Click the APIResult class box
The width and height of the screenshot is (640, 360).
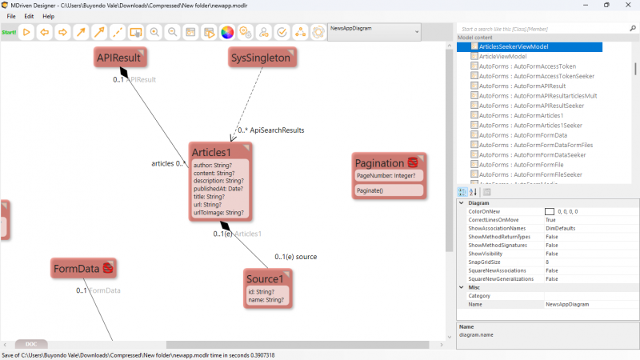118,58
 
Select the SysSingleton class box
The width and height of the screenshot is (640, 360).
260,58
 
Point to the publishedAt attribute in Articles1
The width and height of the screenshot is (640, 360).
218,189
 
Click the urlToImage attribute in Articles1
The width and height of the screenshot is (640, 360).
218,213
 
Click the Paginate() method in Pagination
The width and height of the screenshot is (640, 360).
370,190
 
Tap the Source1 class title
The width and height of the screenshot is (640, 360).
265,278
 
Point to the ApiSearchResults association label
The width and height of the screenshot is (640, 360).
277,130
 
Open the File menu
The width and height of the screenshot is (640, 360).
11,16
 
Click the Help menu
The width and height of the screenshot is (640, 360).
49,16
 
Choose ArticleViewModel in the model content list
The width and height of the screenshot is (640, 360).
502,57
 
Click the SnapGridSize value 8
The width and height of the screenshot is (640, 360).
547,262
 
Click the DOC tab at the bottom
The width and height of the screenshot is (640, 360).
31,344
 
